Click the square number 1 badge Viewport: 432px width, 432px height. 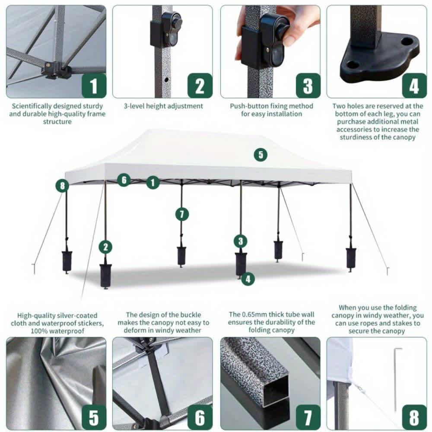point(94,86)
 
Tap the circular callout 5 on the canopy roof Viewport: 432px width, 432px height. point(260,155)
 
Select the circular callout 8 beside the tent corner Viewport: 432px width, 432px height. point(62,186)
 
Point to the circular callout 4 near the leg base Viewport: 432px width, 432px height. point(248,279)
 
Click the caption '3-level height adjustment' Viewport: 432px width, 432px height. point(163,106)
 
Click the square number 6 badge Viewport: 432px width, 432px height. point(200,418)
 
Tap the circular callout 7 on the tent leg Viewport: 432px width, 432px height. point(182,214)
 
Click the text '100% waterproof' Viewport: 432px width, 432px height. point(57,331)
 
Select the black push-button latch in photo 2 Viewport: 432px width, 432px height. point(166,29)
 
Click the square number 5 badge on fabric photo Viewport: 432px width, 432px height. point(94,418)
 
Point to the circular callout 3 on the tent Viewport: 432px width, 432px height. point(241,241)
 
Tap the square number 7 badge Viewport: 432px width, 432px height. point(308,418)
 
